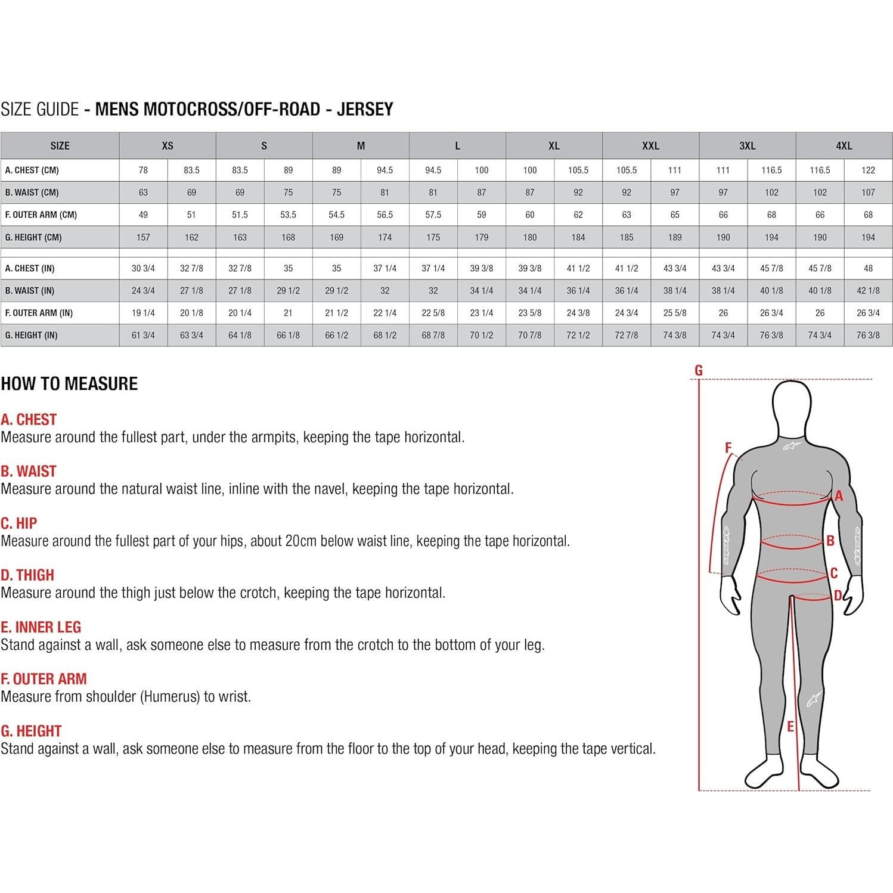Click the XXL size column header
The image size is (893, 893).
650,145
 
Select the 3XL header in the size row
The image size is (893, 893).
747,145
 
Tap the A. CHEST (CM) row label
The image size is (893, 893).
32,170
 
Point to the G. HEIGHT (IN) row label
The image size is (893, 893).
32,335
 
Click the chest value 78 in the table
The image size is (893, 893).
143,170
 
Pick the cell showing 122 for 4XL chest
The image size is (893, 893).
868,170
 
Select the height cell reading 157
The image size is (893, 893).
143,237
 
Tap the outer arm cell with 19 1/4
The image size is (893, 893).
143,313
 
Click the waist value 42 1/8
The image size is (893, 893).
868,290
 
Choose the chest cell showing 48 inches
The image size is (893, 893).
868,268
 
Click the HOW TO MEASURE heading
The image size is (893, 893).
69,383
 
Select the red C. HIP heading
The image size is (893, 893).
19,523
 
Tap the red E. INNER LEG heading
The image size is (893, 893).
41,627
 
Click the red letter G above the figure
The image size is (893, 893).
699,370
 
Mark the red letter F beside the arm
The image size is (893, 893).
728,448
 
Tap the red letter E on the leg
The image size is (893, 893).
790,727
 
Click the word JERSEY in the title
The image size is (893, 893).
365,109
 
